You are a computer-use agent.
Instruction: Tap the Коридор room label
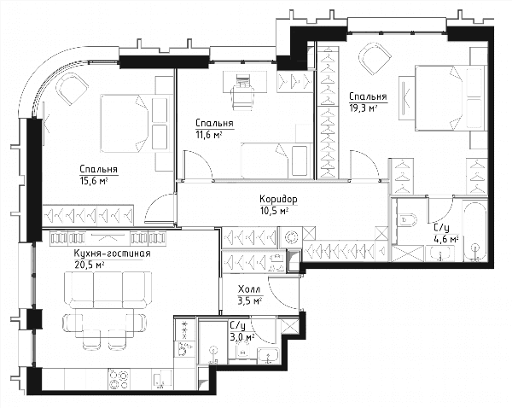[x=278, y=199]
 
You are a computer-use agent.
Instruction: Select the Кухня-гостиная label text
[x=113, y=254]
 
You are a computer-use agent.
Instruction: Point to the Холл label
[x=249, y=289]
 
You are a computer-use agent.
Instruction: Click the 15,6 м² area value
[x=94, y=181]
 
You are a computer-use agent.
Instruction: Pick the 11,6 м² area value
[x=209, y=134]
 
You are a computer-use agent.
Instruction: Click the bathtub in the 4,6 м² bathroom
[x=475, y=231]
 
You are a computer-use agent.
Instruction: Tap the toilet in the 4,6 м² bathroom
[x=408, y=220]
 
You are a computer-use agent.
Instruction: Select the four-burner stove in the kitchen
[x=119, y=379]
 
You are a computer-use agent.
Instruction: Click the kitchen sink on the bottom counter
[x=162, y=379]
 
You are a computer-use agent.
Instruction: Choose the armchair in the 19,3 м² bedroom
[x=375, y=59]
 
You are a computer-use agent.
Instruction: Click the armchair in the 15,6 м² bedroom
[x=73, y=89]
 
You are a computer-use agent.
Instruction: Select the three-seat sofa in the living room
[x=108, y=289]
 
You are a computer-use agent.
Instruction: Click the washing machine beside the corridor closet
[x=291, y=237]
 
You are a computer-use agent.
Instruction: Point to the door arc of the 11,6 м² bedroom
[x=202, y=160]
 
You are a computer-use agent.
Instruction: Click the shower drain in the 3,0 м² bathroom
[x=213, y=350]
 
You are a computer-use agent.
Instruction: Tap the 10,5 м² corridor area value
[x=274, y=211]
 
